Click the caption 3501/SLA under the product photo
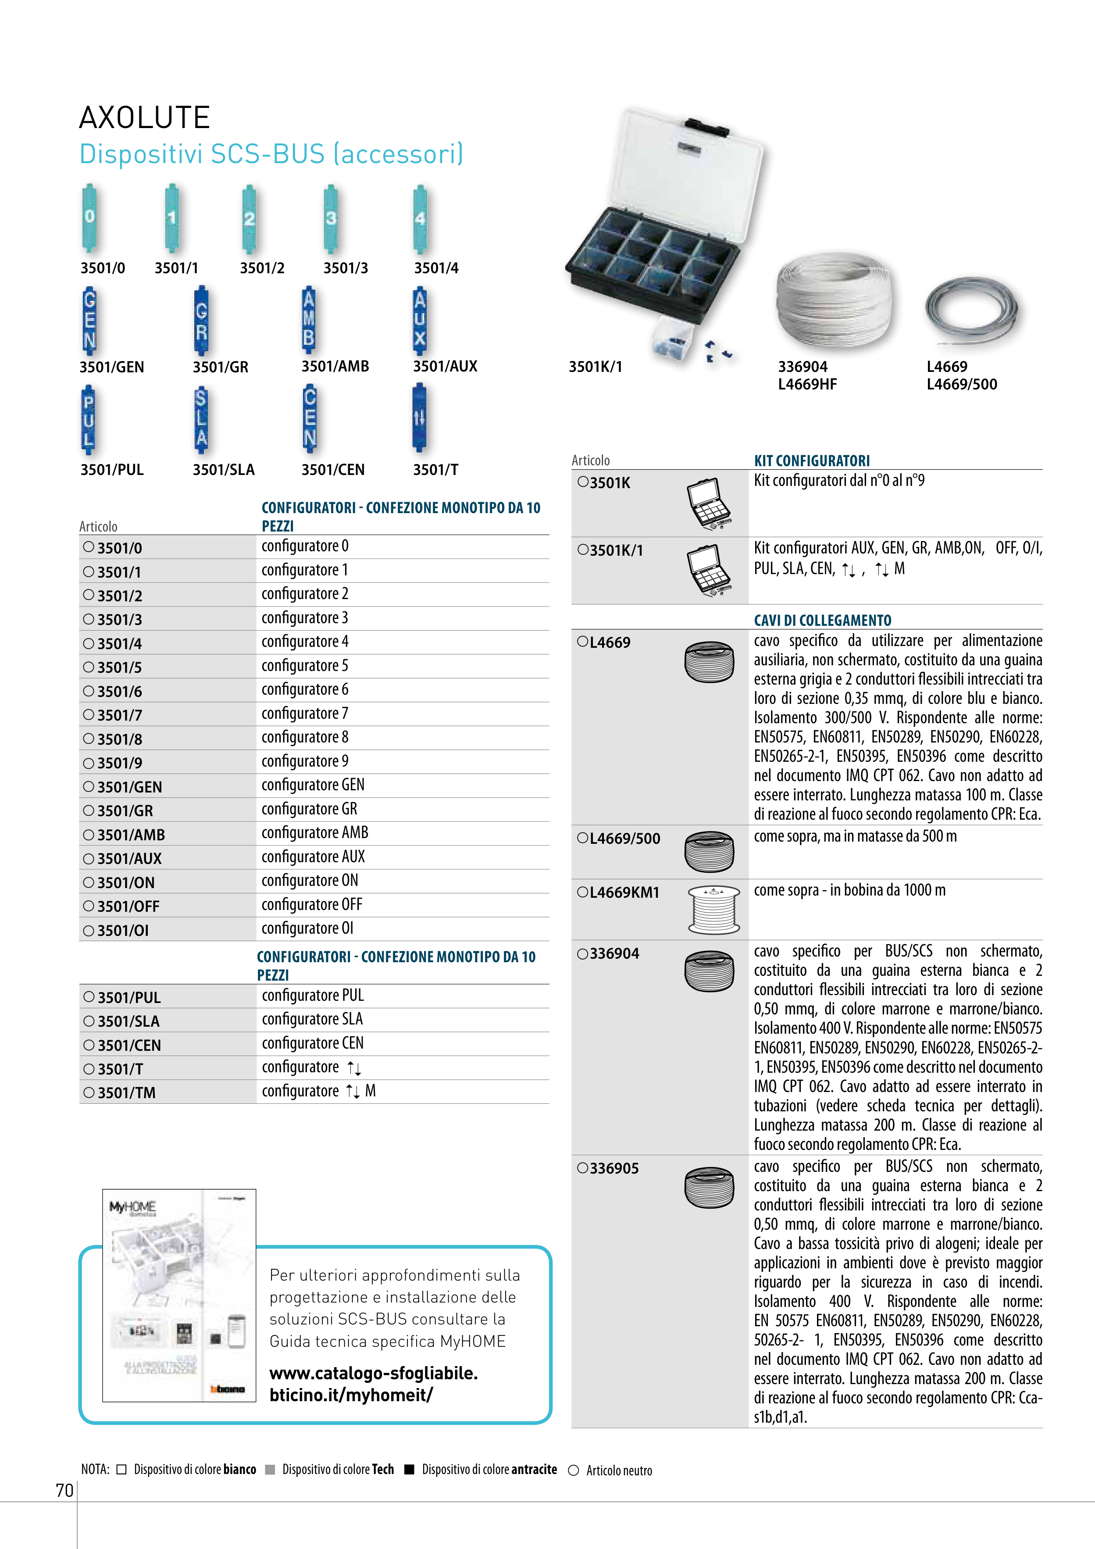click(223, 470)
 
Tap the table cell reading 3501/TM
click(126, 1093)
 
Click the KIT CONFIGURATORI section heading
click(812, 461)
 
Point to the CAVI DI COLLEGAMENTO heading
click(822, 620)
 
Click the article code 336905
click(614, 1168)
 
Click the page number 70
click(64, 1490)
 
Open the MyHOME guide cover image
click(179, 1296)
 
